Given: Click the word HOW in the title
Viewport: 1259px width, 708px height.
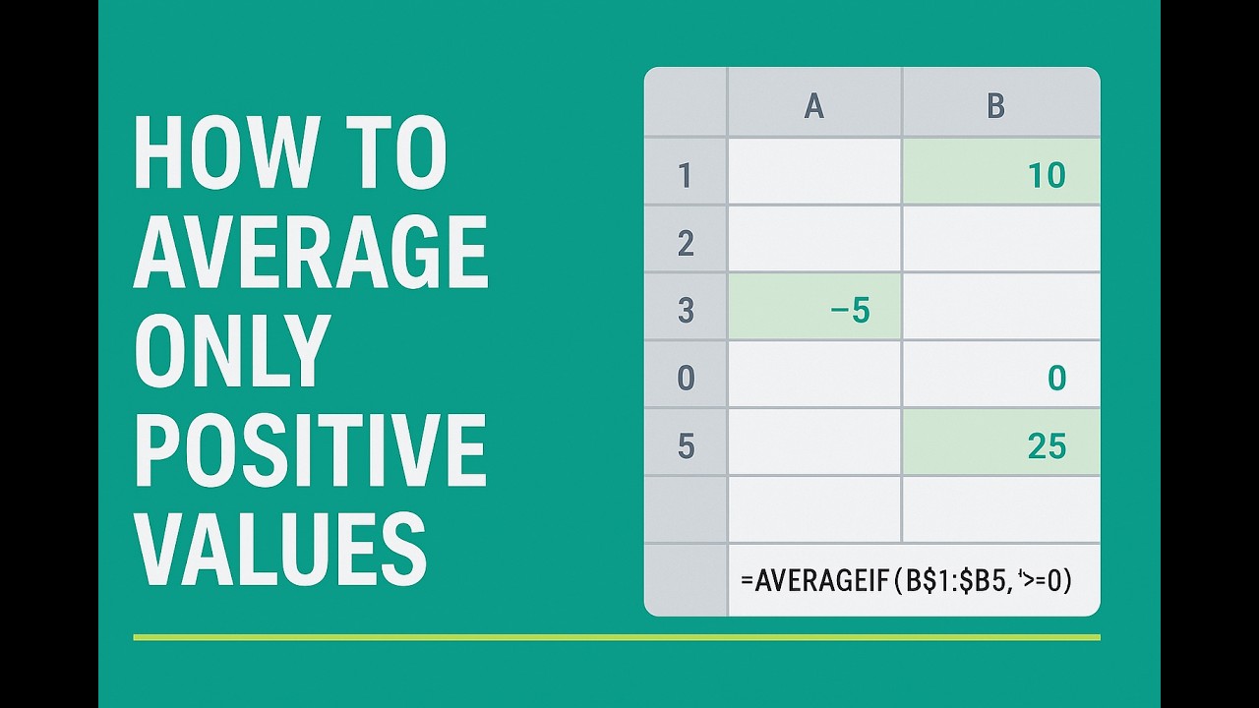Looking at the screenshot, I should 224,154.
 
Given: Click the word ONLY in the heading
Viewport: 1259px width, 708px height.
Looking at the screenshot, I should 231,351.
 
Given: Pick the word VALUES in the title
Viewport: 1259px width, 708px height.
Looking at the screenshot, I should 280,548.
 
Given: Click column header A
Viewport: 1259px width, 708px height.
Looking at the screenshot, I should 813,105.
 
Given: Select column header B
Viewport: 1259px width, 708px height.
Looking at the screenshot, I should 995,105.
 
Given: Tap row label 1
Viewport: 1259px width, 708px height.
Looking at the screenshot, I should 685,175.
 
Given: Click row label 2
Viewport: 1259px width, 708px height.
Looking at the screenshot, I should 686,243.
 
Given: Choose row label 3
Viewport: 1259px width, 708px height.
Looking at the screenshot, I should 686,311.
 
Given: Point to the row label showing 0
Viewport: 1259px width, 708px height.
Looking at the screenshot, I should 686,379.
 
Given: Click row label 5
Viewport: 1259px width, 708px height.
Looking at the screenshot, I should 686,446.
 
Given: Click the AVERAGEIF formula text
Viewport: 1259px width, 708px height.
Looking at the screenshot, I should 906,580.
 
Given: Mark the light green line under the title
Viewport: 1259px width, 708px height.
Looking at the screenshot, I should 616,637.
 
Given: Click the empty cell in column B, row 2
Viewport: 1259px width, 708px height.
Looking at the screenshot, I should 1000,239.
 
